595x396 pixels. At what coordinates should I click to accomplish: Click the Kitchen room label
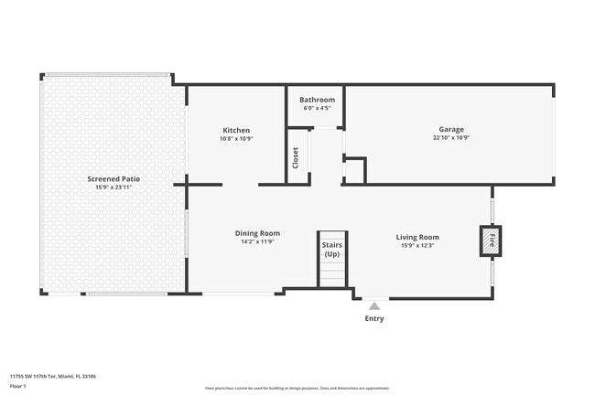[x=236, y=130]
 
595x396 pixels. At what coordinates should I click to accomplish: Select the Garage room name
[x=451, y=130]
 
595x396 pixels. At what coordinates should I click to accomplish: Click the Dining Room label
[x=257, y=233]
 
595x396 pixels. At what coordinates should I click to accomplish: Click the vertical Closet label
[x=295, y=158]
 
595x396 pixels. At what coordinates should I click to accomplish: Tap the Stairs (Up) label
[x=330, y=249]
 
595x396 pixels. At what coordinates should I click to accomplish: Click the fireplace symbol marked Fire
[x=490, y=241]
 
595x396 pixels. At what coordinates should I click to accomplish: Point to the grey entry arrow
[x=373, y=306]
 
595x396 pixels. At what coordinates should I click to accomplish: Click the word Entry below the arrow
[x=374, y=318]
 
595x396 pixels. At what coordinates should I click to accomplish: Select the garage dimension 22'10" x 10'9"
[x=451, y=138]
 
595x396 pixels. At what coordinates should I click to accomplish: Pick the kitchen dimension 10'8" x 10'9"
[x=236, y=138]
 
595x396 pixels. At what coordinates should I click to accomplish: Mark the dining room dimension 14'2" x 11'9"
[x=257, y=241]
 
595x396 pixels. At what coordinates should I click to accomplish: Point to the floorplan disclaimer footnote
[x=297, y=387]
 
